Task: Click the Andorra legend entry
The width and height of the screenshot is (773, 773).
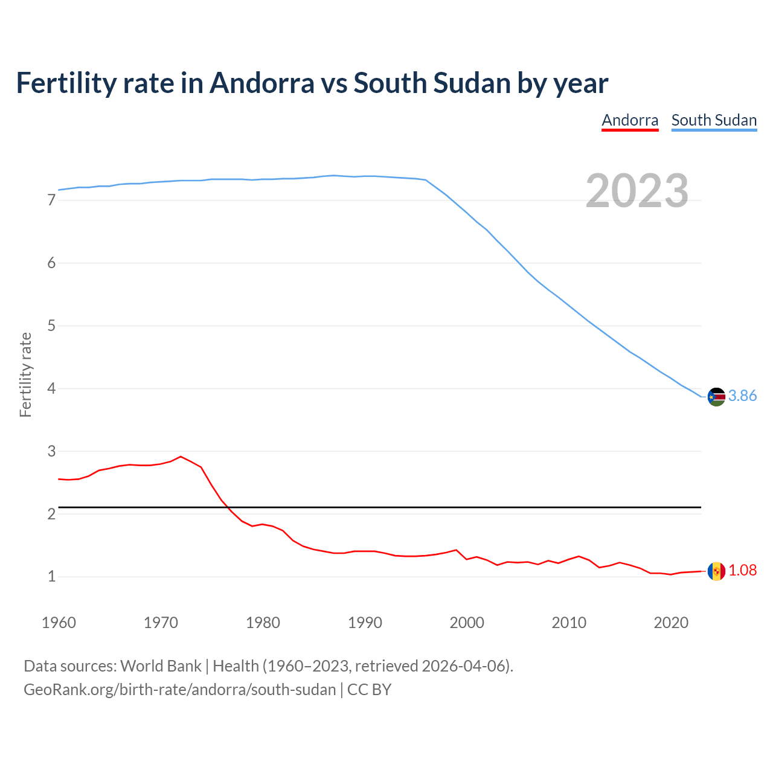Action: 630,120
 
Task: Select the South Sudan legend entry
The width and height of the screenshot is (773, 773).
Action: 714,120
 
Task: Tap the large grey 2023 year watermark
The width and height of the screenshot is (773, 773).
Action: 637,191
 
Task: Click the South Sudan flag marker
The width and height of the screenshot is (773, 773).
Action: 716,397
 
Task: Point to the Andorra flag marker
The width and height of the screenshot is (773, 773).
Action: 716,571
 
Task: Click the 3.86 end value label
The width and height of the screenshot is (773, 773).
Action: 742,396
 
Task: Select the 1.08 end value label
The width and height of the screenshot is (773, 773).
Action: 742,570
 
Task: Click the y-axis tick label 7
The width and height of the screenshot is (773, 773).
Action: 51,200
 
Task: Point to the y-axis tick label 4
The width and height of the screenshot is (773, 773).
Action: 51,388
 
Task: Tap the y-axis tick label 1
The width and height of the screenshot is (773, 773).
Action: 51,577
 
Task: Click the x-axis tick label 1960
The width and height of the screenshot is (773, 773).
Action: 59,623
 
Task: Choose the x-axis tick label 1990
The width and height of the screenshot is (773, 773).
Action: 365,623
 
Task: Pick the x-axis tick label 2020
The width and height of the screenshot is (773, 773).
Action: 671,623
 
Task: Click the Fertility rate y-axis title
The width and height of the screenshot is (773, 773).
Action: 25,374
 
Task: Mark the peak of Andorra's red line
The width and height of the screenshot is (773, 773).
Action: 181,457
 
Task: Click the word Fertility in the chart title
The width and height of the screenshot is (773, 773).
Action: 65,83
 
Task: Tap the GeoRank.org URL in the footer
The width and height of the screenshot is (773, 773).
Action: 179,689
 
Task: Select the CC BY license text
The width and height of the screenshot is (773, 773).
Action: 369,689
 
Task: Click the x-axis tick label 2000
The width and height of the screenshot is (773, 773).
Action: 467,623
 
